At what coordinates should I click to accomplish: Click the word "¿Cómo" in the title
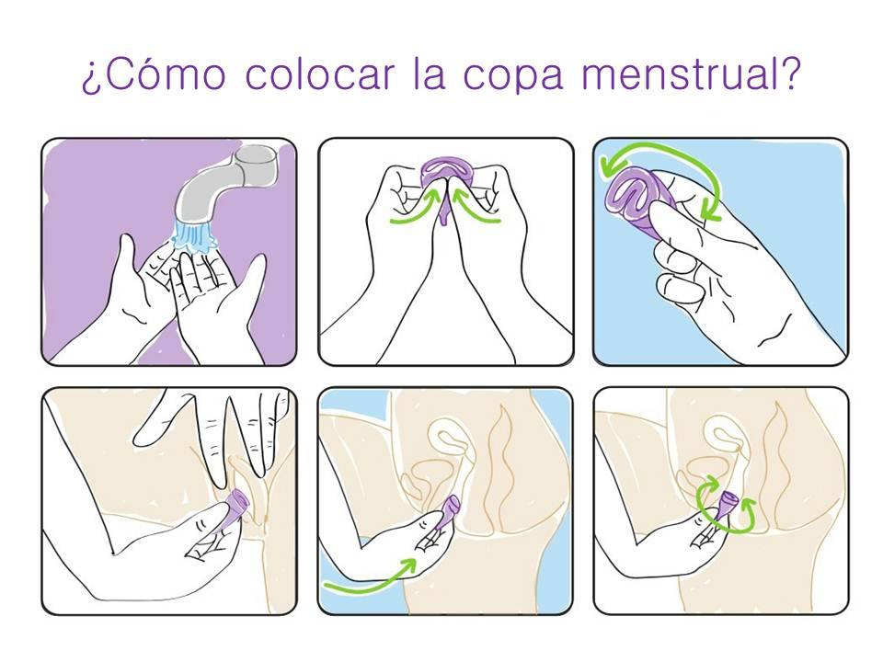pos(154,74)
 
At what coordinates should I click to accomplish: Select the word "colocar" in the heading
pos(320,73)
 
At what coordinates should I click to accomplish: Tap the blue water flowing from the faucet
pos(192,235)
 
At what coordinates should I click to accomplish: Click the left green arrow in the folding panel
pos(414,210)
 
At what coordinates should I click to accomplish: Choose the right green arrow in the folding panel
pos(476,207)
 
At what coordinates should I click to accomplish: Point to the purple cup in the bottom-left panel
pos(235,508)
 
